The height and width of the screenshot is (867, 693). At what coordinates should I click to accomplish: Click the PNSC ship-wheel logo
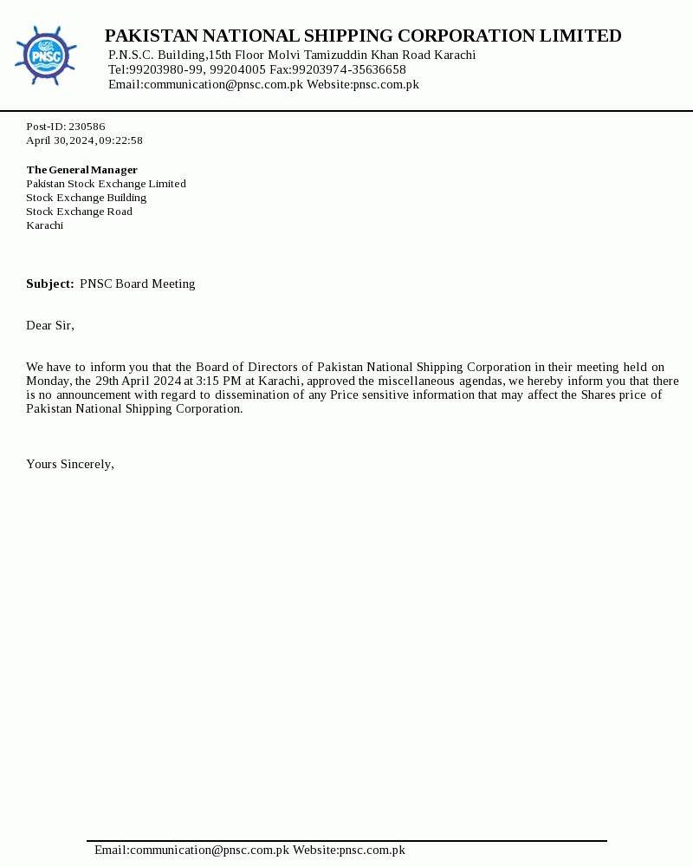tap(45, 55)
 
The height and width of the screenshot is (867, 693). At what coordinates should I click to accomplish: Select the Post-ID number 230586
tap(87, 127)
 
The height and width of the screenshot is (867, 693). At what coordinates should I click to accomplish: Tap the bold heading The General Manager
tap(81, 170)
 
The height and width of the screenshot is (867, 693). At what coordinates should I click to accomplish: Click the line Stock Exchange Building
tap(86, 198)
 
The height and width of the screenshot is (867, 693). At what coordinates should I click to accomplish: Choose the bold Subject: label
tap(50, 284)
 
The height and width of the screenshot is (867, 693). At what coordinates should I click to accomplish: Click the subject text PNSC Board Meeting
tap(138, 284)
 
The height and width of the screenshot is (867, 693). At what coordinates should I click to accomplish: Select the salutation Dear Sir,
tap(50, 325)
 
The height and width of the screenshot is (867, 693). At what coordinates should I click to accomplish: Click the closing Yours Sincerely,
tap(70, 464)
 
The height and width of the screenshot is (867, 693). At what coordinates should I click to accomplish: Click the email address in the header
tap(205, 84)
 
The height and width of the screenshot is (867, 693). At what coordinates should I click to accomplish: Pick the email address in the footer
tap(191, 850)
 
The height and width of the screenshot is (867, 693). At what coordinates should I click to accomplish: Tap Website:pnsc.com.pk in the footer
tap(349, 850)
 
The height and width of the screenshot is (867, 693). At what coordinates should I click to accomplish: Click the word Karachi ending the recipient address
tap(44, 225)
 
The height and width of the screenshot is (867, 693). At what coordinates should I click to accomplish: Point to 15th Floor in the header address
tap(236, 55)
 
